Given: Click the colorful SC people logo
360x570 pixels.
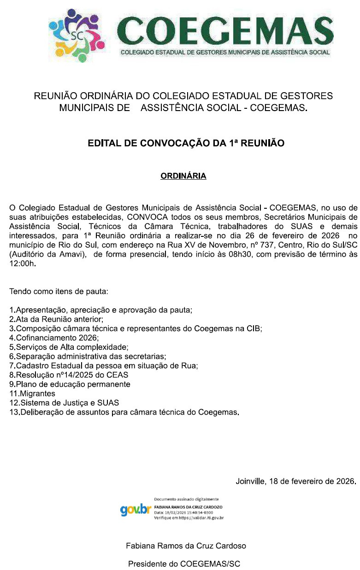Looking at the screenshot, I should point(75,36).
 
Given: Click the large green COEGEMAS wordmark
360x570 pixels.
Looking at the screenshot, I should point(225,31).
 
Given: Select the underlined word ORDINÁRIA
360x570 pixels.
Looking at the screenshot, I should point(183,176).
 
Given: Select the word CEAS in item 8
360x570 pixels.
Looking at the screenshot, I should point(118,375).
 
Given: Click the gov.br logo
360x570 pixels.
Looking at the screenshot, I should point(136,510).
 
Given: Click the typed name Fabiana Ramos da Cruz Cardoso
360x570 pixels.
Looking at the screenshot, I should point(186,546).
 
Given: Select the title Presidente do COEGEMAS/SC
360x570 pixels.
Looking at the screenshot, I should point(184,564).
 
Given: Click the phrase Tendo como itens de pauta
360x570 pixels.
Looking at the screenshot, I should point(59,292).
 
